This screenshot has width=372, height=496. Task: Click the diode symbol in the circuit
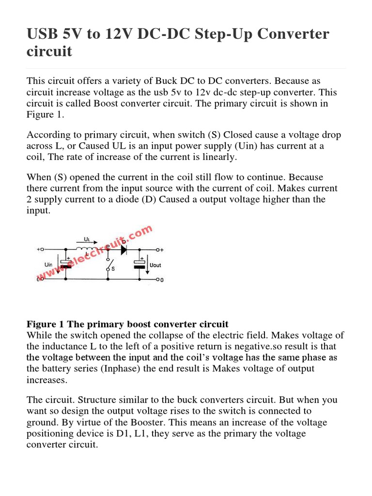(x=124, y=249)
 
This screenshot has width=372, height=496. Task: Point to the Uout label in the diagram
(x=156, y=265)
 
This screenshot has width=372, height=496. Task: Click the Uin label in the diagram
(x=48, y=264)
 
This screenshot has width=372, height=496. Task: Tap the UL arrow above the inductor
(x=87, y=240)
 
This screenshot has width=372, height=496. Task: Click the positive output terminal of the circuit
(x=158, y=249)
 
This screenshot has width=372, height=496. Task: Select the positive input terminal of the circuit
(x=42, y=249)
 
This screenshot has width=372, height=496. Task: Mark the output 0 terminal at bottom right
(x=158, y=280)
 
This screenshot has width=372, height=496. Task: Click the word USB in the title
(x=43, y=34)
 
